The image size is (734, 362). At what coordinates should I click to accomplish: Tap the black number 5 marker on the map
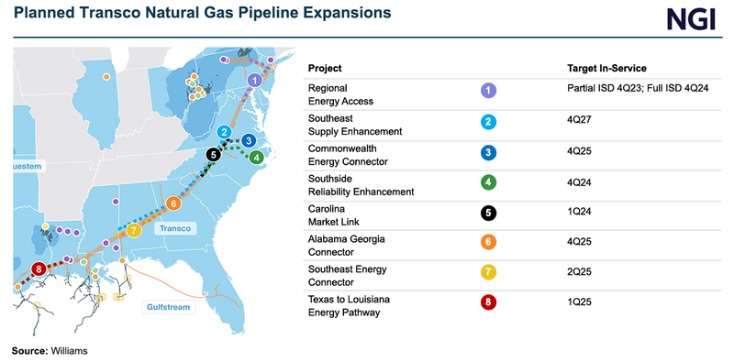(x=214, y=155)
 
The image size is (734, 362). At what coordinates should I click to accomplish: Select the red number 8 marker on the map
(x=38, y=269)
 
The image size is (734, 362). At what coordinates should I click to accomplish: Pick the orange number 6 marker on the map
(x=173, y=203)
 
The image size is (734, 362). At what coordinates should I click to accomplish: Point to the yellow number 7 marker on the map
(x=134, y=229)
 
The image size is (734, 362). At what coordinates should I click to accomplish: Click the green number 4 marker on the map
(x=257, y=157)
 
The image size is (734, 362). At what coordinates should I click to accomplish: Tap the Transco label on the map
(x=173, y=230)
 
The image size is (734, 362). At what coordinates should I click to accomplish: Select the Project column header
(x=325, y=69)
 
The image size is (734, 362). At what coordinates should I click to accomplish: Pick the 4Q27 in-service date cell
(x=580, y=118)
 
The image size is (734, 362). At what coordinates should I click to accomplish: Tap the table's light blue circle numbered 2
(x=488, y=121)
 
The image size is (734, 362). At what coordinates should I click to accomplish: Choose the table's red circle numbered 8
(x=488, y=302)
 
